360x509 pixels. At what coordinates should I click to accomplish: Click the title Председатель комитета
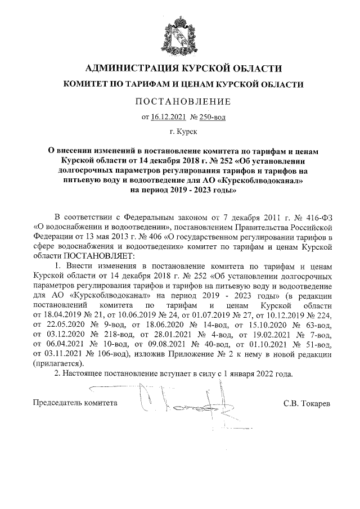pyautogui.click(x=76, y=403)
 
